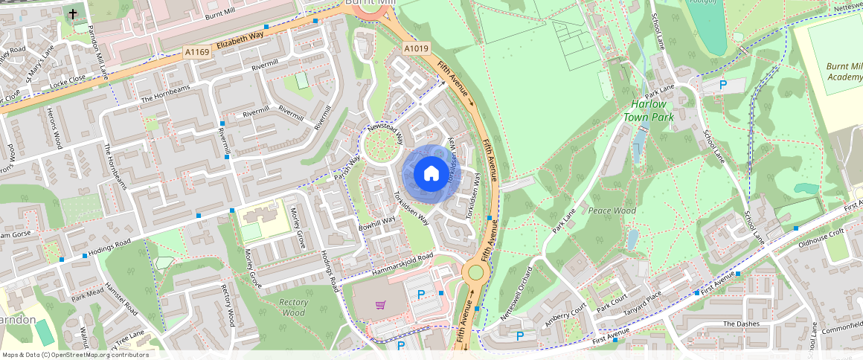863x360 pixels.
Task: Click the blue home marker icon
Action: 431,174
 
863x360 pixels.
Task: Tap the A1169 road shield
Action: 196,52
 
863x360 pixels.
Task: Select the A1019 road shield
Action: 417,49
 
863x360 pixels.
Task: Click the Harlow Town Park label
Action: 648,112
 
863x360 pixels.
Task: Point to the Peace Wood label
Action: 612,211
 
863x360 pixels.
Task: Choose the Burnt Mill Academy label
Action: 843,71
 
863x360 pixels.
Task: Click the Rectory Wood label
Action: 294,307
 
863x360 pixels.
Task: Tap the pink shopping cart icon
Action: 381,304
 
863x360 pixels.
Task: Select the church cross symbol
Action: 73,14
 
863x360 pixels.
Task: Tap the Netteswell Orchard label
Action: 517,295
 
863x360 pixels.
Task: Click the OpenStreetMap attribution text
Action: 75,355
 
